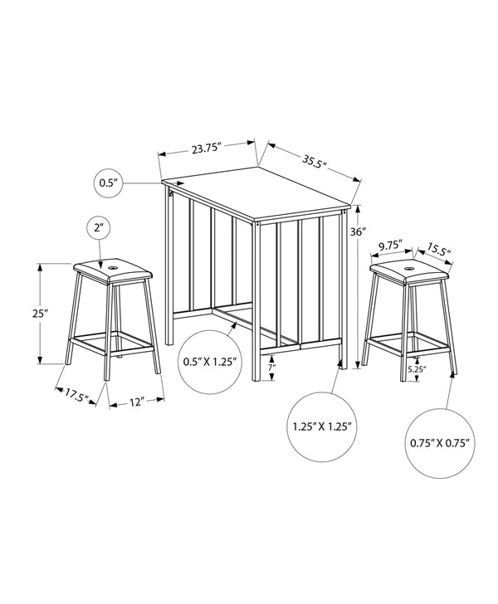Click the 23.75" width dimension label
(x=205, y=149)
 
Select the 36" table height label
(x=358, y=232)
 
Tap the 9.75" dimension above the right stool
(x=389, y=245)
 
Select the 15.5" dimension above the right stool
(x=440, y=247)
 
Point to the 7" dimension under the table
(x=271, y=367)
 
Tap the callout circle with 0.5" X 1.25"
(x=209, y=362)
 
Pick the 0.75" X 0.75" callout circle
(x=440, y=442)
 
